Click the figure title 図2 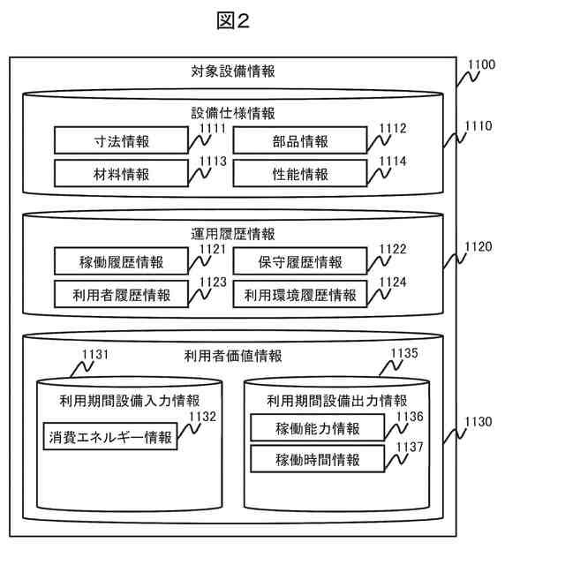[233, 22]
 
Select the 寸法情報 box [120, 141]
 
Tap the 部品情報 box [300, 141]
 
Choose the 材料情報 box [120, 173]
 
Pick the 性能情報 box [300, 173]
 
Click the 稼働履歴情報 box [120, 262]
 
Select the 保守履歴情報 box [300, 262]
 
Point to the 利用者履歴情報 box [120, 294]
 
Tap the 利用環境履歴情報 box [300, 294]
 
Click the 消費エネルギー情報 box [109, 436]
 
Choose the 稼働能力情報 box [318, 428]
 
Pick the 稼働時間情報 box [318, 459]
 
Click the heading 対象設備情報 [233, 72]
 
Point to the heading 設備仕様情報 [233, 113]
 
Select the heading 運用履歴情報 [233, 234]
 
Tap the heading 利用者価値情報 [233, 356]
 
